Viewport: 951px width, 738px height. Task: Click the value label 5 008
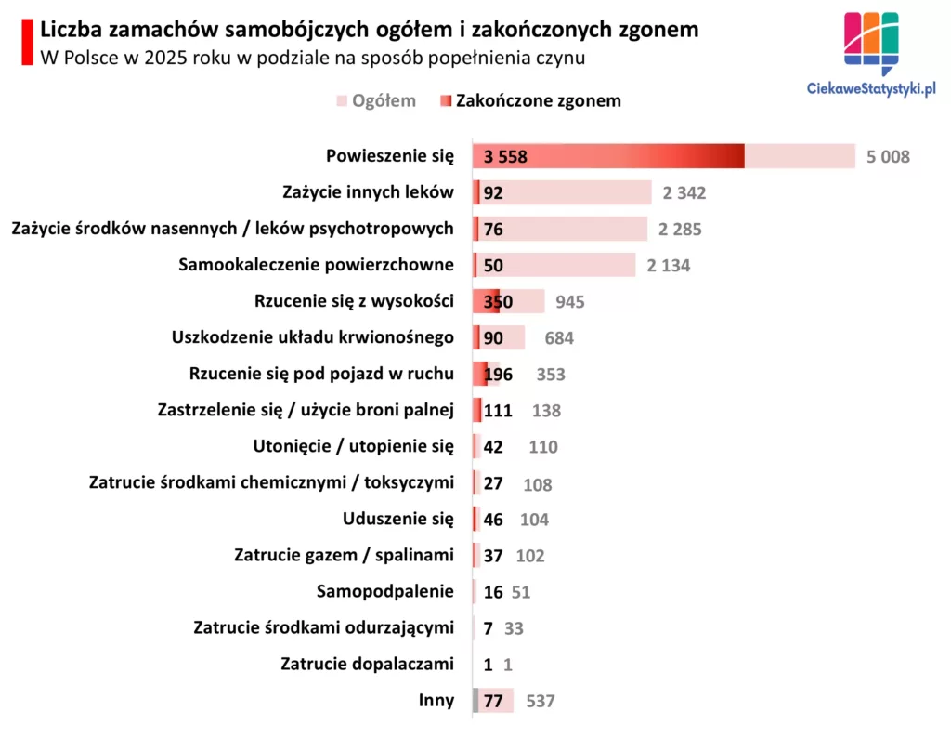[x=888, y=157]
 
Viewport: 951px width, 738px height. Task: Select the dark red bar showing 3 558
[x=608, y=157]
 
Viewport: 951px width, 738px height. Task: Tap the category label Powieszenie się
[x=390, y=156]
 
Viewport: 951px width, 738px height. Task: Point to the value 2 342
[x=684, y=193]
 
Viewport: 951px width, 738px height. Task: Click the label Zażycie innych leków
[x=368, y=192]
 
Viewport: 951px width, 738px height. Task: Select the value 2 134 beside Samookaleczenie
[x=669, y=266]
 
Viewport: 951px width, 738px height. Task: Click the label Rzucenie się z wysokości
[x=354, y=301]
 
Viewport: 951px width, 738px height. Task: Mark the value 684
[x=559, y=338]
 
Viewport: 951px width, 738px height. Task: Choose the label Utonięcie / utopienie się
[x=354, y=446]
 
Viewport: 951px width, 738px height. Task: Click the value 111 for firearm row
[x=498, y=411]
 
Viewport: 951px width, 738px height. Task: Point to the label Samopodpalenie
[x=385, y=591]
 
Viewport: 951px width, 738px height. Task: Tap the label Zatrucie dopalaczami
[x=368, y=664]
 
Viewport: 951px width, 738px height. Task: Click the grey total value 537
[x=540, y=701]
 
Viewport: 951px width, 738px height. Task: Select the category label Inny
[x=436, y=700]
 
